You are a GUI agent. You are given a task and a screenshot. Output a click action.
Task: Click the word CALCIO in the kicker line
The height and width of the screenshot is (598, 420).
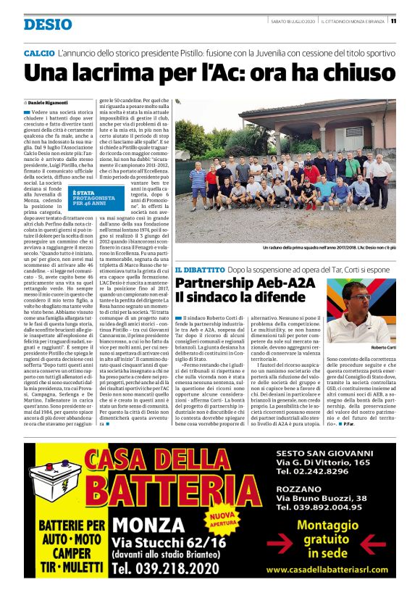click(x=40, y=54)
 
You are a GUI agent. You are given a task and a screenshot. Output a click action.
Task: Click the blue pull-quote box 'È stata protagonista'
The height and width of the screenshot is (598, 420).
click(x=93, y=196)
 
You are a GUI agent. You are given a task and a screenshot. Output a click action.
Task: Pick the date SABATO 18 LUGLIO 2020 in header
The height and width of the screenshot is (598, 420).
click(x=293, y=21)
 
